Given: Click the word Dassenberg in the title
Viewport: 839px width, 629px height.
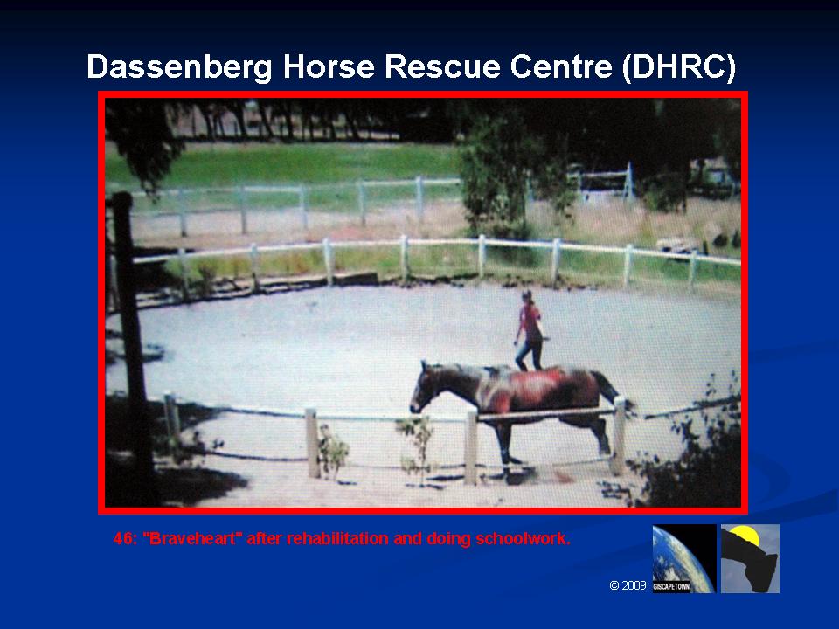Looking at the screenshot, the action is [x=180, y=67].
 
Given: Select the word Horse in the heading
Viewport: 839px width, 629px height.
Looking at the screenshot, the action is [x=329, y=66].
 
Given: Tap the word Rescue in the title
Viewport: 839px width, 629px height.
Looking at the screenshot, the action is [x=442, y=66].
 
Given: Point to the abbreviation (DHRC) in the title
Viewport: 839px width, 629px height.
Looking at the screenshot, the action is [x=678, y=67].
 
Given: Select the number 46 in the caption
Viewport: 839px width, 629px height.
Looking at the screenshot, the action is [x=124, y=539].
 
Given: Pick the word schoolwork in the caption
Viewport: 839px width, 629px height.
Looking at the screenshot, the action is [x=523, y=539].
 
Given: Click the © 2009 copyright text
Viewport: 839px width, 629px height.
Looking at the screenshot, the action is [x=628, y=585].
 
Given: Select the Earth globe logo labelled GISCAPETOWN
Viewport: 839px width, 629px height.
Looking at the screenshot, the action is [x=683, y=558].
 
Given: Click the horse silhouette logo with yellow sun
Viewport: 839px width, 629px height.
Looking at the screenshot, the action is [x=750, y=558].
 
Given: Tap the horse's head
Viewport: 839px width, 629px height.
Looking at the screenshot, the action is [x=425, y=388].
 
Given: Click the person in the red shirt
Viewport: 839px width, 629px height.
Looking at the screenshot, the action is [x=530, y=332].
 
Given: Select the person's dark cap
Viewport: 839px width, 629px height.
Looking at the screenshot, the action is [x=528, y=295].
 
